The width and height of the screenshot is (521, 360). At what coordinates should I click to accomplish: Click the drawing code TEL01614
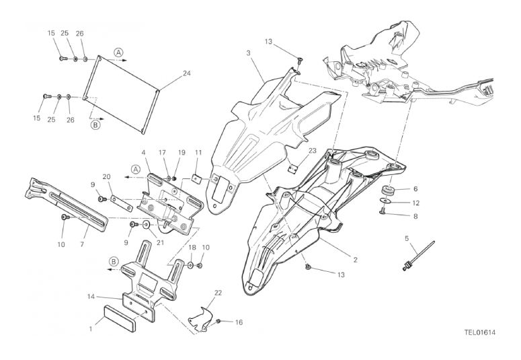(479, 332)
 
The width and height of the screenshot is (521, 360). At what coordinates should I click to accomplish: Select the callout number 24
(187, 73)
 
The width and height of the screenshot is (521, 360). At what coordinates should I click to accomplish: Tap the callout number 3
(248, 53)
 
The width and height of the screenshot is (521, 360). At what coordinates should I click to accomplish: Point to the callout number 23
(313, 151)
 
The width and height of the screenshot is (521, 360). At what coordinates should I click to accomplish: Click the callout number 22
(218, 293)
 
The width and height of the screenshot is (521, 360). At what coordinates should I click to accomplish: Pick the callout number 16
(239, 322)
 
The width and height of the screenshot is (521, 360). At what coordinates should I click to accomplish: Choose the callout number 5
(407, 238)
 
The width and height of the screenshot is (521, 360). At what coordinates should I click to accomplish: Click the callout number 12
(415, 203)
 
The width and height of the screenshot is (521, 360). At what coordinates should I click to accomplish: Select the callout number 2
(355, 260)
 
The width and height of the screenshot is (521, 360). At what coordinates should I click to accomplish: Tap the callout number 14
(91, 296)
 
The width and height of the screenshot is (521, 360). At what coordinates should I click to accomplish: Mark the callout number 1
(90, 330)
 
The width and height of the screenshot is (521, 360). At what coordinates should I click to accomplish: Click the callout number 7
(82, 244)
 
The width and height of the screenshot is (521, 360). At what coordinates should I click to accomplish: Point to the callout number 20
(106, 177)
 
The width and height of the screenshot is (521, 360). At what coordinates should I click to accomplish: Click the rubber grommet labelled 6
(387, 192)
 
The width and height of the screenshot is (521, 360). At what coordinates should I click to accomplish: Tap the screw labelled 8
(383, 210)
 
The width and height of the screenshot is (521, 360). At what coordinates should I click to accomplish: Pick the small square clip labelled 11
(198, 179)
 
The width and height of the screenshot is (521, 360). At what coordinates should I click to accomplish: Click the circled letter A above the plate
(118, 52)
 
